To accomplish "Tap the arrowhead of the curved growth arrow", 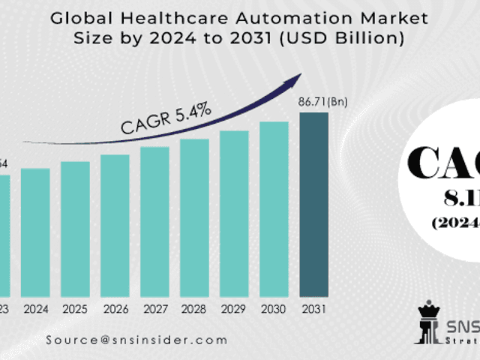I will click(x=297, y=77).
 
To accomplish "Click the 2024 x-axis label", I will click(x=35, y=308).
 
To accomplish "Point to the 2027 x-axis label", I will click(x=154, y=308).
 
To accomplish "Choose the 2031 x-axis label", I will click(x=313, y=308).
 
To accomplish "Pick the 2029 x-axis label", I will click(x=234, y=308).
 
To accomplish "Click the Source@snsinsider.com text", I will click(x=136, y=340).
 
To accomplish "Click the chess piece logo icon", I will click(x=428, y=323).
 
